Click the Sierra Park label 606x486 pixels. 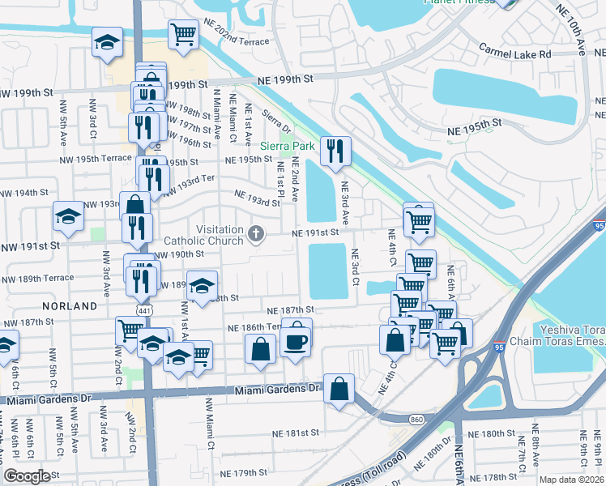286,147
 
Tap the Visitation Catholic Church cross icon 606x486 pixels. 256,234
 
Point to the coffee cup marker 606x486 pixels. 296,341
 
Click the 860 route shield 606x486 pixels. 416,418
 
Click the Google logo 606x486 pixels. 27,476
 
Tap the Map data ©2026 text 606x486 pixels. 571,480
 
